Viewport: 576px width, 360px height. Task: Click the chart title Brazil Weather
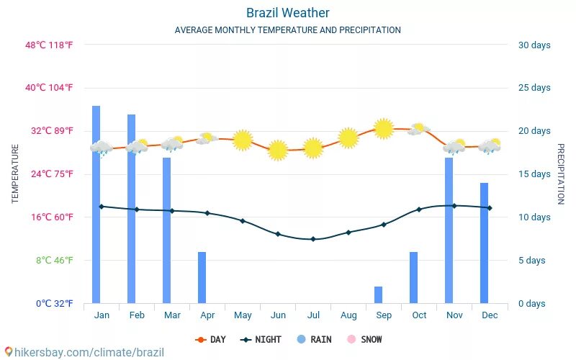coord(288,13)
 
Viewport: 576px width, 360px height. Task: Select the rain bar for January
coord(96,204)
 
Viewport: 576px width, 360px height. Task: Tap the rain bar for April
coord(202,277)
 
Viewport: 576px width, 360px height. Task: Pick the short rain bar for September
coord(378,294)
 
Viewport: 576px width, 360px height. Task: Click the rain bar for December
coord(485,243)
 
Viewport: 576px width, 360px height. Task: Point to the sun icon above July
coord(312,148)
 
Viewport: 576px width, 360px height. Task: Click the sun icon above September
coord(384,128)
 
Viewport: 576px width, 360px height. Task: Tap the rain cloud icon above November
coord(454,148)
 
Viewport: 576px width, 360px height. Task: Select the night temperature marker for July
coord(313,239)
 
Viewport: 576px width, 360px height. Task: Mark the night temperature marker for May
coord(243,221)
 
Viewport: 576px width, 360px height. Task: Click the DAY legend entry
coord(211,339)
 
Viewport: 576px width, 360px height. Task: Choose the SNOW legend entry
coord(365,339)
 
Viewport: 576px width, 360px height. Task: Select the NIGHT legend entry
coord(261,339)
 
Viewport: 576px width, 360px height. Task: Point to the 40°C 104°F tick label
coord(49,88)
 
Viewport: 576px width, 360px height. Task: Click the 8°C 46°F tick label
coord(55,260)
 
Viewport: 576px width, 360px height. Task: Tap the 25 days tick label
coord(534,88)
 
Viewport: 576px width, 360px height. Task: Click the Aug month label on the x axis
coord(348,315)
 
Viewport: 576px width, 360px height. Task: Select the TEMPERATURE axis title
coord(15,174)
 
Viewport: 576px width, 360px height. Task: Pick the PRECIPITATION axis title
coord(561,174)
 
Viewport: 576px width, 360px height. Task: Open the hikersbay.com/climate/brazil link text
coord(85,353)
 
